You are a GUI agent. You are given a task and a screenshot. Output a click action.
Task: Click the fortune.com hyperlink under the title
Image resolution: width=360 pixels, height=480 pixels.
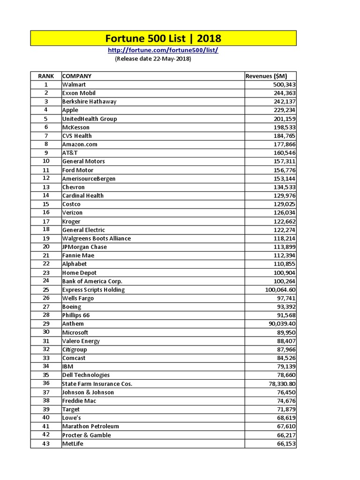coord(163,50)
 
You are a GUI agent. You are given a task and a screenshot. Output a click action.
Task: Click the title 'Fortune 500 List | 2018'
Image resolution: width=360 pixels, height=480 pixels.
coord(163,38)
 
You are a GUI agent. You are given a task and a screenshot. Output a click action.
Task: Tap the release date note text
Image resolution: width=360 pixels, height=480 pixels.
coord(153,59)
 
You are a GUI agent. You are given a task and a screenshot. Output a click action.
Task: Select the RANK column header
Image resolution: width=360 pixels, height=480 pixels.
coord(46,76)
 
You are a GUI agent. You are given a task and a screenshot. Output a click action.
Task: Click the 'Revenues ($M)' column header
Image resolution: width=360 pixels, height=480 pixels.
coord(266,76)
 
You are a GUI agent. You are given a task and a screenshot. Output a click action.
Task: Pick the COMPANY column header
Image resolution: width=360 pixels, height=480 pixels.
coord(77,76)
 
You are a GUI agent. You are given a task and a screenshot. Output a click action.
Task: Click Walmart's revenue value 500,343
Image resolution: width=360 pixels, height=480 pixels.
coord(284,85)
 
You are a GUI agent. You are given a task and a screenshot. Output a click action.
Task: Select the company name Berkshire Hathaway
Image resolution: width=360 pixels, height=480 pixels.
coord(89,102)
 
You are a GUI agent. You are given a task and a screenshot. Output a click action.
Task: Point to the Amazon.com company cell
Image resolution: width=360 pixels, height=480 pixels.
coord(80,144)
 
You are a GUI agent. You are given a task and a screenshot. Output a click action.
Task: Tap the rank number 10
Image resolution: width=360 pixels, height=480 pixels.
coord(46,161)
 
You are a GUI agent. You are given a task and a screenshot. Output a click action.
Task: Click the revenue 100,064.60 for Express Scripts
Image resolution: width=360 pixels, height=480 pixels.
coord(280,290)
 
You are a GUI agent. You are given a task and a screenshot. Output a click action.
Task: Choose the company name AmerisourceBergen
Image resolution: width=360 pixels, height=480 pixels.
coord(89,179)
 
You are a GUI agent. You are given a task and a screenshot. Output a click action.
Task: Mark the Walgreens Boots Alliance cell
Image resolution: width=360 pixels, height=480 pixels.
coord(96,238)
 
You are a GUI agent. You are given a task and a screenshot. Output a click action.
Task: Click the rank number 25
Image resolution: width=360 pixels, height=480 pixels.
coord(46,290)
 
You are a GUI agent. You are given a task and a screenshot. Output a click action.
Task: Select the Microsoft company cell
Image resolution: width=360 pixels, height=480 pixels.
coord(75,332)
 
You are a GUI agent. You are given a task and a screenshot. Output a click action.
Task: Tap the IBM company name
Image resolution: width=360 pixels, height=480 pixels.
coord(67,367)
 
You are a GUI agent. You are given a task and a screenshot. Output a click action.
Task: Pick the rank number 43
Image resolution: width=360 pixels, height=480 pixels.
coord(46,444)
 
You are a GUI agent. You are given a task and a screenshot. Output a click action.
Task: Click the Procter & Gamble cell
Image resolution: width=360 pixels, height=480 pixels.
coord(86,435)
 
